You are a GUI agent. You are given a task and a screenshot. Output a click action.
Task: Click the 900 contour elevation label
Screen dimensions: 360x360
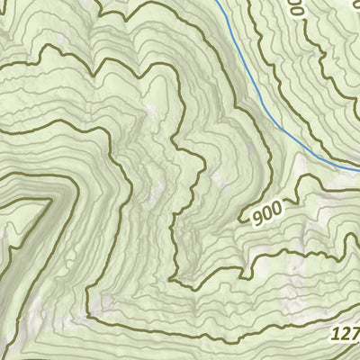click(267, 211)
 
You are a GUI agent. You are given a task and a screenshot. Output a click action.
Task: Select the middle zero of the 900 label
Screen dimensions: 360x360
click(267, 211)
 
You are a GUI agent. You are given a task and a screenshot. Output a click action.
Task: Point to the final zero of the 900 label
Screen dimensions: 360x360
click(276, 208)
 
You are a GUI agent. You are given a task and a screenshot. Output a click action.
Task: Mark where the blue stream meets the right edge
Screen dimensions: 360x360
click(358, 168)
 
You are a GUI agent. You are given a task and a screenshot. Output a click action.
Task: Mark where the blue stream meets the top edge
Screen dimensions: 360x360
click(219, 2)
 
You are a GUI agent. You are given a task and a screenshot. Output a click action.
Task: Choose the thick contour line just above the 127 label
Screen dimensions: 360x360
click(297, 316)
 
